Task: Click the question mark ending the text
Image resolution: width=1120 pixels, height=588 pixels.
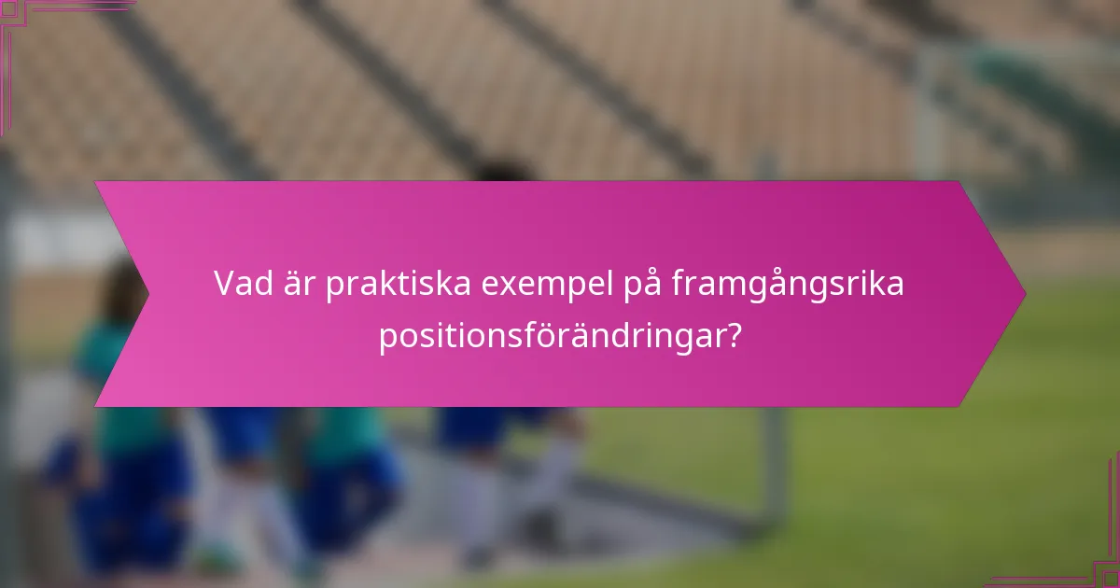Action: (734, 336)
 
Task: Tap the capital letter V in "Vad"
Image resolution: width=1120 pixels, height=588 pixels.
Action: (225, 285)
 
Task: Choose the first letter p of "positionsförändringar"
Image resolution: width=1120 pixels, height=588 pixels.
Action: (387, 339)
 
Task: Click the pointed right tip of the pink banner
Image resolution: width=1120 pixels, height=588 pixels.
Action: (1023, 294)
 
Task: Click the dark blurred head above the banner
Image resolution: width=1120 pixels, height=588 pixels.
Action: (504, 172)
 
